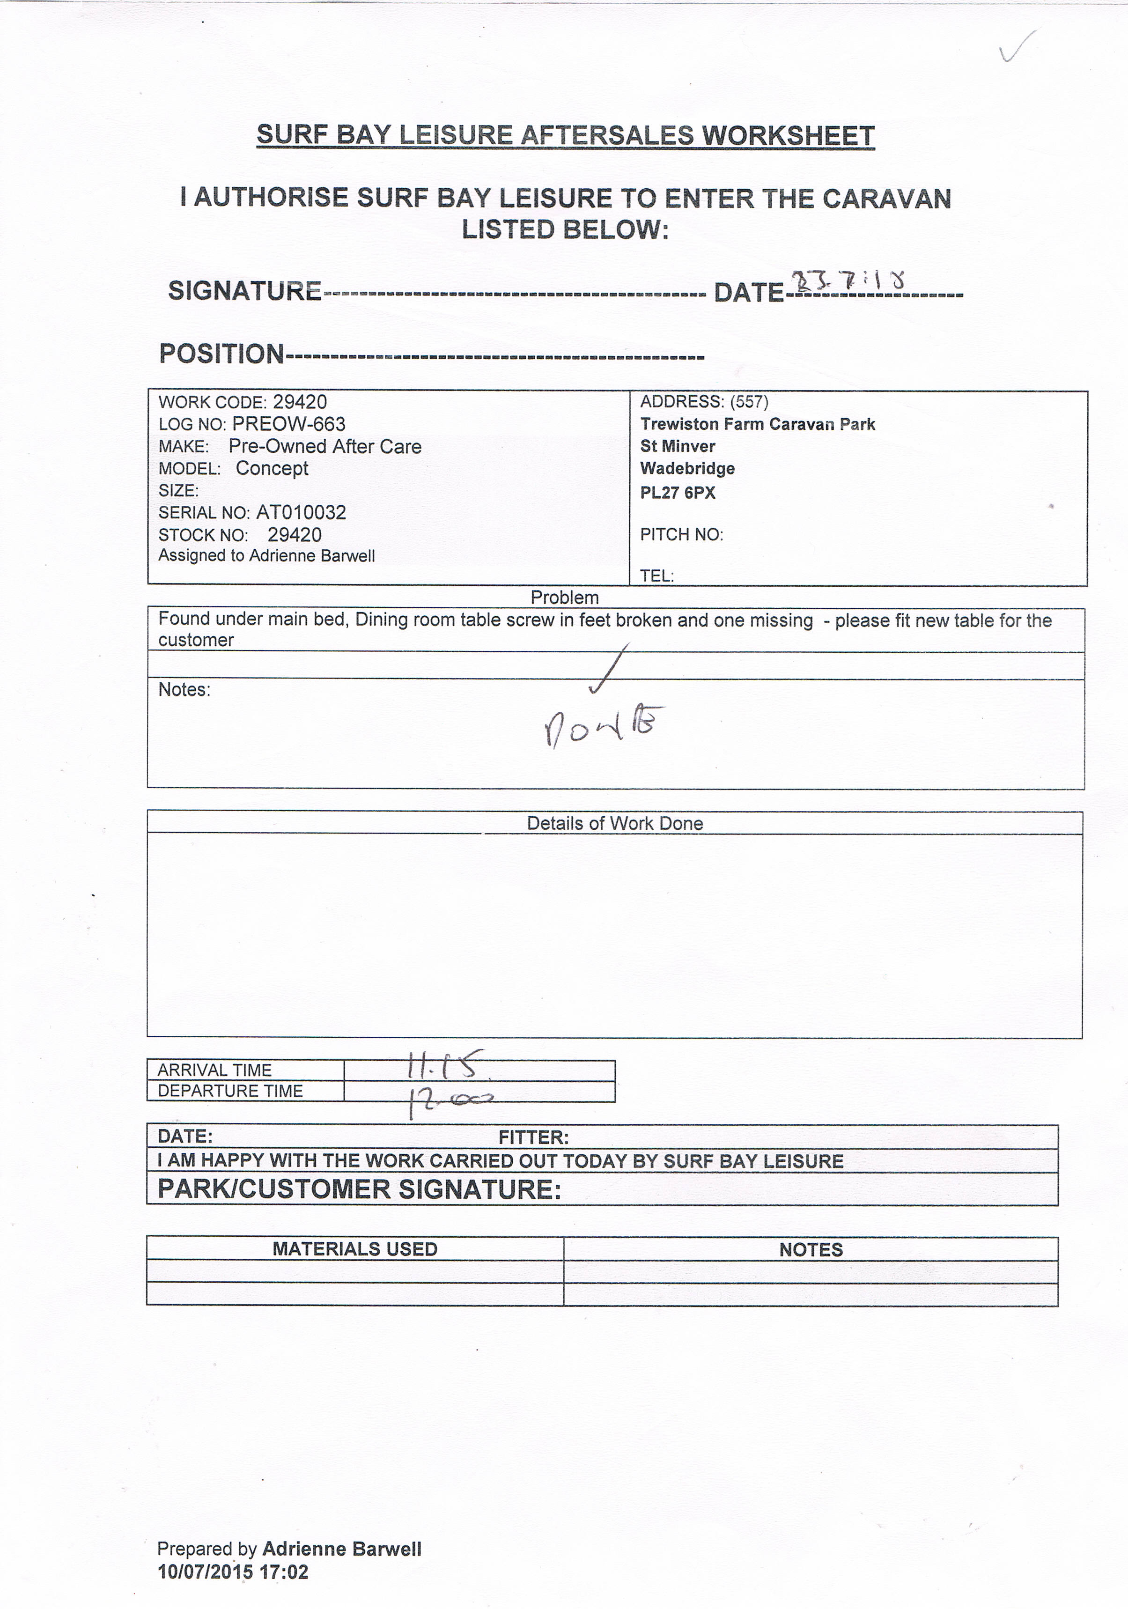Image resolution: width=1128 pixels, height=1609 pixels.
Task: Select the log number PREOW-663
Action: [288, 424]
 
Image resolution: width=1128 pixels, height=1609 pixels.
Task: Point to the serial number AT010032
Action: [301, 512]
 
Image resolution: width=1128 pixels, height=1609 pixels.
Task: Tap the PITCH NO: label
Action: [681, 535]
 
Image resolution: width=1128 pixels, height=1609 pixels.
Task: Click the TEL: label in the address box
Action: [656, 576]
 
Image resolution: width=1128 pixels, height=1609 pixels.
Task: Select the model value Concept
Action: [272, 468]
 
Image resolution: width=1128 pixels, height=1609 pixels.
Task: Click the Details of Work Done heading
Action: [614, 823]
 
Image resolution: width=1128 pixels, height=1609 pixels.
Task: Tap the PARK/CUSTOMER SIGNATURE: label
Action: [360, 1189]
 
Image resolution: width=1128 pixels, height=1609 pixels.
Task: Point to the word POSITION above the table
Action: [221, 354]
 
